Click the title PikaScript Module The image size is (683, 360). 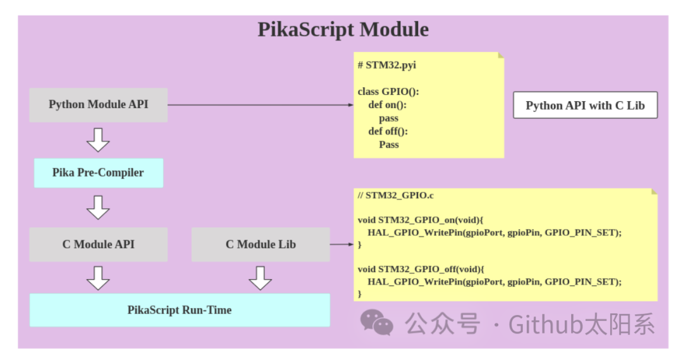[343, 30]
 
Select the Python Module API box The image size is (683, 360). [99, 105]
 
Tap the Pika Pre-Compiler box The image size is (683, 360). [98, 173]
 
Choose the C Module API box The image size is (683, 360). [98, 244]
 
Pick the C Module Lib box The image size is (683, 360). [261, 244]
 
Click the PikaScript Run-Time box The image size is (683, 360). [180, 310]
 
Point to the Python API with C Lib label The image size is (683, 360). [585, 106]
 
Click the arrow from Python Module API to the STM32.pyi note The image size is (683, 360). [259, 105]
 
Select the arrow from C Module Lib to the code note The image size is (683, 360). [341, 244]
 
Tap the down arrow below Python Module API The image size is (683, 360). [98, 139]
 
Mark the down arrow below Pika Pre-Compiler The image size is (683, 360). [98, 207]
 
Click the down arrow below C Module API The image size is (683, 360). [98, 277]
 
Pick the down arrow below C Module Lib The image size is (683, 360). [261, 277]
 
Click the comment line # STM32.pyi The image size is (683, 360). [386, 65]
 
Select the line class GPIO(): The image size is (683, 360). [388, 92]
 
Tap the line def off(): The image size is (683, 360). [388, 132]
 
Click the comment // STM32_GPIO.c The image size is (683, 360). [395, 196]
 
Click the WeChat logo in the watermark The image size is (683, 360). [377, 323]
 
